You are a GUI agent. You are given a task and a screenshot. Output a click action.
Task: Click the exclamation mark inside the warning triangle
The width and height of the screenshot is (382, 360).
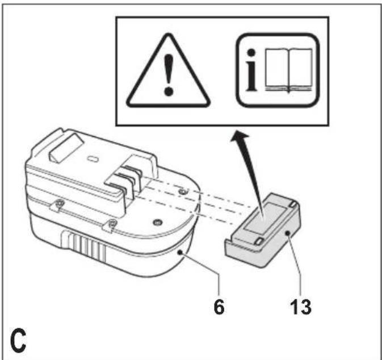point(169,75)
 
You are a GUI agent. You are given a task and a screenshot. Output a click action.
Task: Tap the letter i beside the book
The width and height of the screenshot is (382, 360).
point(252,70)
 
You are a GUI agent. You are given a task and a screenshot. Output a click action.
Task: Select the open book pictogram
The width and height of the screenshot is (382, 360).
point(289,70)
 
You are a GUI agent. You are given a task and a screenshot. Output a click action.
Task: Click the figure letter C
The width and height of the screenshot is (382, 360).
point(18,340)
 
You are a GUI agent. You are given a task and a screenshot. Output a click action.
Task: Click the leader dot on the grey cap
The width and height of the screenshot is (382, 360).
point(288,233)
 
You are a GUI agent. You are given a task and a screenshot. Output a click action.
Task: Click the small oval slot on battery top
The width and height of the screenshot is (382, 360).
point(93,159)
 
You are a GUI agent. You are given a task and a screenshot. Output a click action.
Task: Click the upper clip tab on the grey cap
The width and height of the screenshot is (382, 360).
point(292,204)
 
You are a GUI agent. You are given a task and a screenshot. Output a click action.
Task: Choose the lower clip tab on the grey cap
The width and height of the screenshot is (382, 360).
point(259,241)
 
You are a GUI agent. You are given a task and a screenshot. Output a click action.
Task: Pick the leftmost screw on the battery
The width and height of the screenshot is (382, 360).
point(59,203)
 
